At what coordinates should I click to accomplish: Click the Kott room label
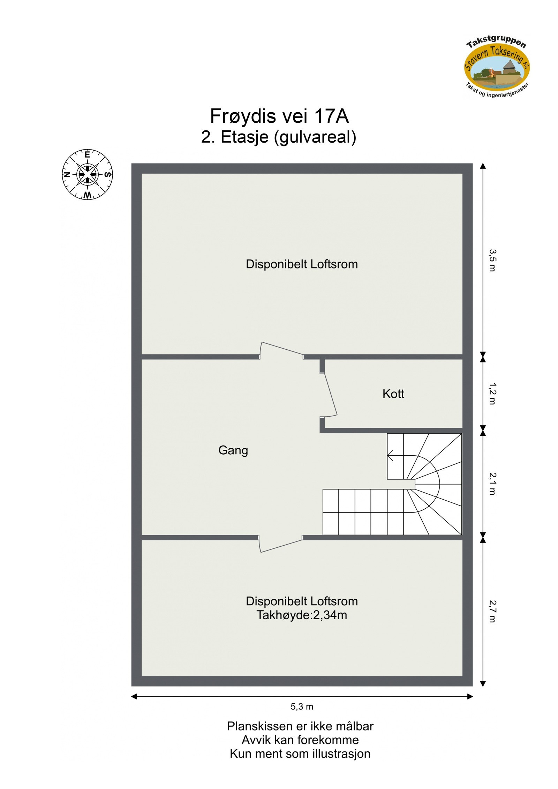pyautogui.click(x=393, y=394)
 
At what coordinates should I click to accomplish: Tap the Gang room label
pyautogui.click(x=233, y=450)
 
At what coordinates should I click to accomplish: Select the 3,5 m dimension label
pyautogui.click(x=492, y=260)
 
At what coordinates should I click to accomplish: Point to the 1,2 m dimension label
pyautogui.click(x=492, y=394)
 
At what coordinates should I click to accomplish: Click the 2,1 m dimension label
pyautogui.click(x=492, y=484)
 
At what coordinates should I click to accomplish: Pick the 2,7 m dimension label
pyautogui.click(x=492, y=611)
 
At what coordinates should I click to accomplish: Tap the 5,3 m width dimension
pyautogui.click(x=302, y=707)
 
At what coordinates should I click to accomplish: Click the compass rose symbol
pyautogui.click(x=87, y=174)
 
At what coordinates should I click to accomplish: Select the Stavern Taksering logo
pyautogui.click(x=497, y=67)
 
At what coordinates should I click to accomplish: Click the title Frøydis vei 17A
pyautogui.click(x=279, y=116)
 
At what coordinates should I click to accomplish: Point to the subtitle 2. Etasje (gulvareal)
pyautogui.click(x=279, y=137)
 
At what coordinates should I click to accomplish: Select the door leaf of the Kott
pyautogui.click(x=329, y=395)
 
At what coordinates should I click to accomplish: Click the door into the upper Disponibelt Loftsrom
pyautogui.click(x=281, y=349)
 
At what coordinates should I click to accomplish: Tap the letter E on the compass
pyautogui.click(x=87, y=154)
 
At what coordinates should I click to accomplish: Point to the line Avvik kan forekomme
pyautogui.click(x=300, y=740)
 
